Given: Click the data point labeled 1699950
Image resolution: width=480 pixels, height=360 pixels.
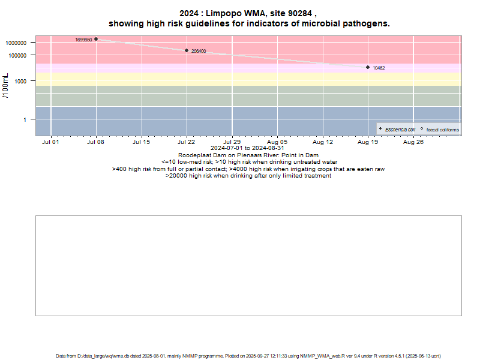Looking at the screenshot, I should pos(96,39).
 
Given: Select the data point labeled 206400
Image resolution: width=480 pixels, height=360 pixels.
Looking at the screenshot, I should pos(187,51).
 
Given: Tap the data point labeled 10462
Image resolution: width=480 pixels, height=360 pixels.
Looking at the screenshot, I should pos(368,67).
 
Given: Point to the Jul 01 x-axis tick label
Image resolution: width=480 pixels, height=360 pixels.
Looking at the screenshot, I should pos(51,142).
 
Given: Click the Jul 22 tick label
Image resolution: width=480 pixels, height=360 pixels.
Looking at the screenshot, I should pos(187,142).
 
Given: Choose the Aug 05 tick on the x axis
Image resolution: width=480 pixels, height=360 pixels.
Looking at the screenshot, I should pos(277,142).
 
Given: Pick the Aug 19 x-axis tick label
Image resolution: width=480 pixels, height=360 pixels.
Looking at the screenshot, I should pos(368,142).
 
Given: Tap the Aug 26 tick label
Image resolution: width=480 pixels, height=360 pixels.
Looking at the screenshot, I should pos(413,142).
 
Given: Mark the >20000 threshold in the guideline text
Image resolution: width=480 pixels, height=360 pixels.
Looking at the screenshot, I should pos(176,176).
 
